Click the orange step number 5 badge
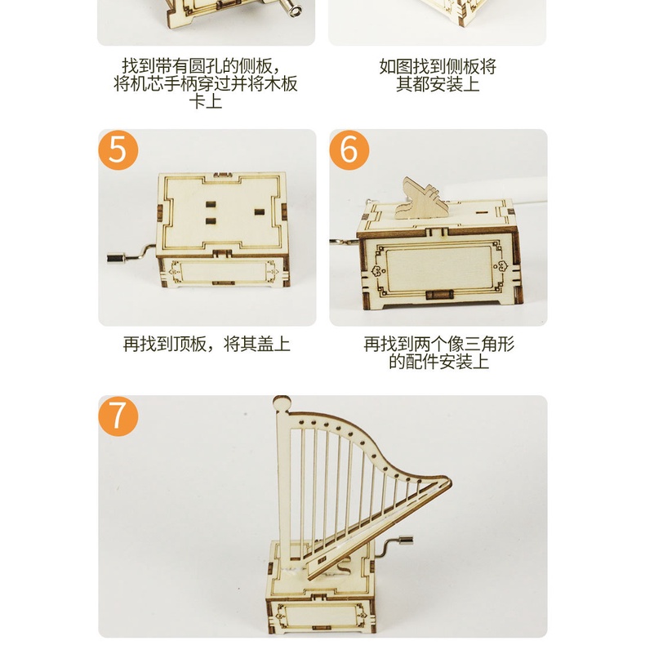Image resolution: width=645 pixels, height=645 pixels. [x=118, y=149]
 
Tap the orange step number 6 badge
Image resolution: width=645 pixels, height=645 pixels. [x=349, y=149]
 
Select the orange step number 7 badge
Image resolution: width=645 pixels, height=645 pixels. [x=118, y=416]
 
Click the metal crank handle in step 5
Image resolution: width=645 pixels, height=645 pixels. [x=130, y=255]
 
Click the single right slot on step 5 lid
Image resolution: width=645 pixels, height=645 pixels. [x=259, y=212]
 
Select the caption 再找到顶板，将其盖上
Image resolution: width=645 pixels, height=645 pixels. [x=207, y=344]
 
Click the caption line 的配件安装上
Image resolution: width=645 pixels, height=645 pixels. [x=439, y=362]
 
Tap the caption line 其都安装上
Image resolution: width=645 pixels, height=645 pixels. [x=438, y=84]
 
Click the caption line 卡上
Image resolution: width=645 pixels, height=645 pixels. [x=206, y=101]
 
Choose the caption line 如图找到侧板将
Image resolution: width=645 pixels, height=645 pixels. [x=438, y=66]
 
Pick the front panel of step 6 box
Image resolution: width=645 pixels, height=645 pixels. [x=438, y=269]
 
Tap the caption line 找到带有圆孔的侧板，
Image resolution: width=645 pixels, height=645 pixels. [x=202, y=66]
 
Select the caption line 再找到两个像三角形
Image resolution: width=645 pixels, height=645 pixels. [x=439, y=344]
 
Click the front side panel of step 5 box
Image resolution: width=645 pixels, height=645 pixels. [x=223, y=272]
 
